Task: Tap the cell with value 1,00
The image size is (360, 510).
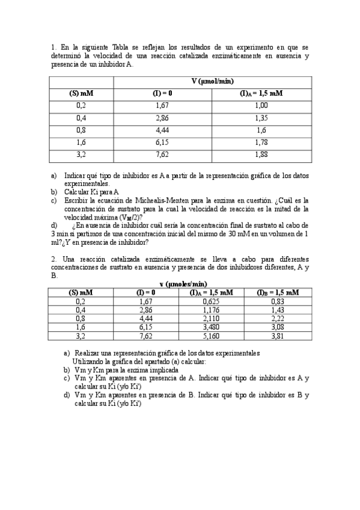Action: [x=261, y=105]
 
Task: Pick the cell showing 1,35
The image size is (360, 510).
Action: [x=261, y=118]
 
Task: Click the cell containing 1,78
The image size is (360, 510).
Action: [x=261, y=143]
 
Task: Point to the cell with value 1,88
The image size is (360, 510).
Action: [x=261, y=155]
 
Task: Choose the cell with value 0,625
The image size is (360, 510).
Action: [x=211, y=301]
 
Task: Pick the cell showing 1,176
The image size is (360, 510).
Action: [x=211, y=310]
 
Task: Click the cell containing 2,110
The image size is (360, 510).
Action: [x=211, y=319]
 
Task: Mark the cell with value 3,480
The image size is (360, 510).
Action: [x=211, y=327]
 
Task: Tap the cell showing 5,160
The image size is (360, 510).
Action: [x=211, y=336]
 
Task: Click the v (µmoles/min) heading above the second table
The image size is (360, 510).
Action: [x=183, y=284]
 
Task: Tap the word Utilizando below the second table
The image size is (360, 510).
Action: [x=90, y=361]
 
